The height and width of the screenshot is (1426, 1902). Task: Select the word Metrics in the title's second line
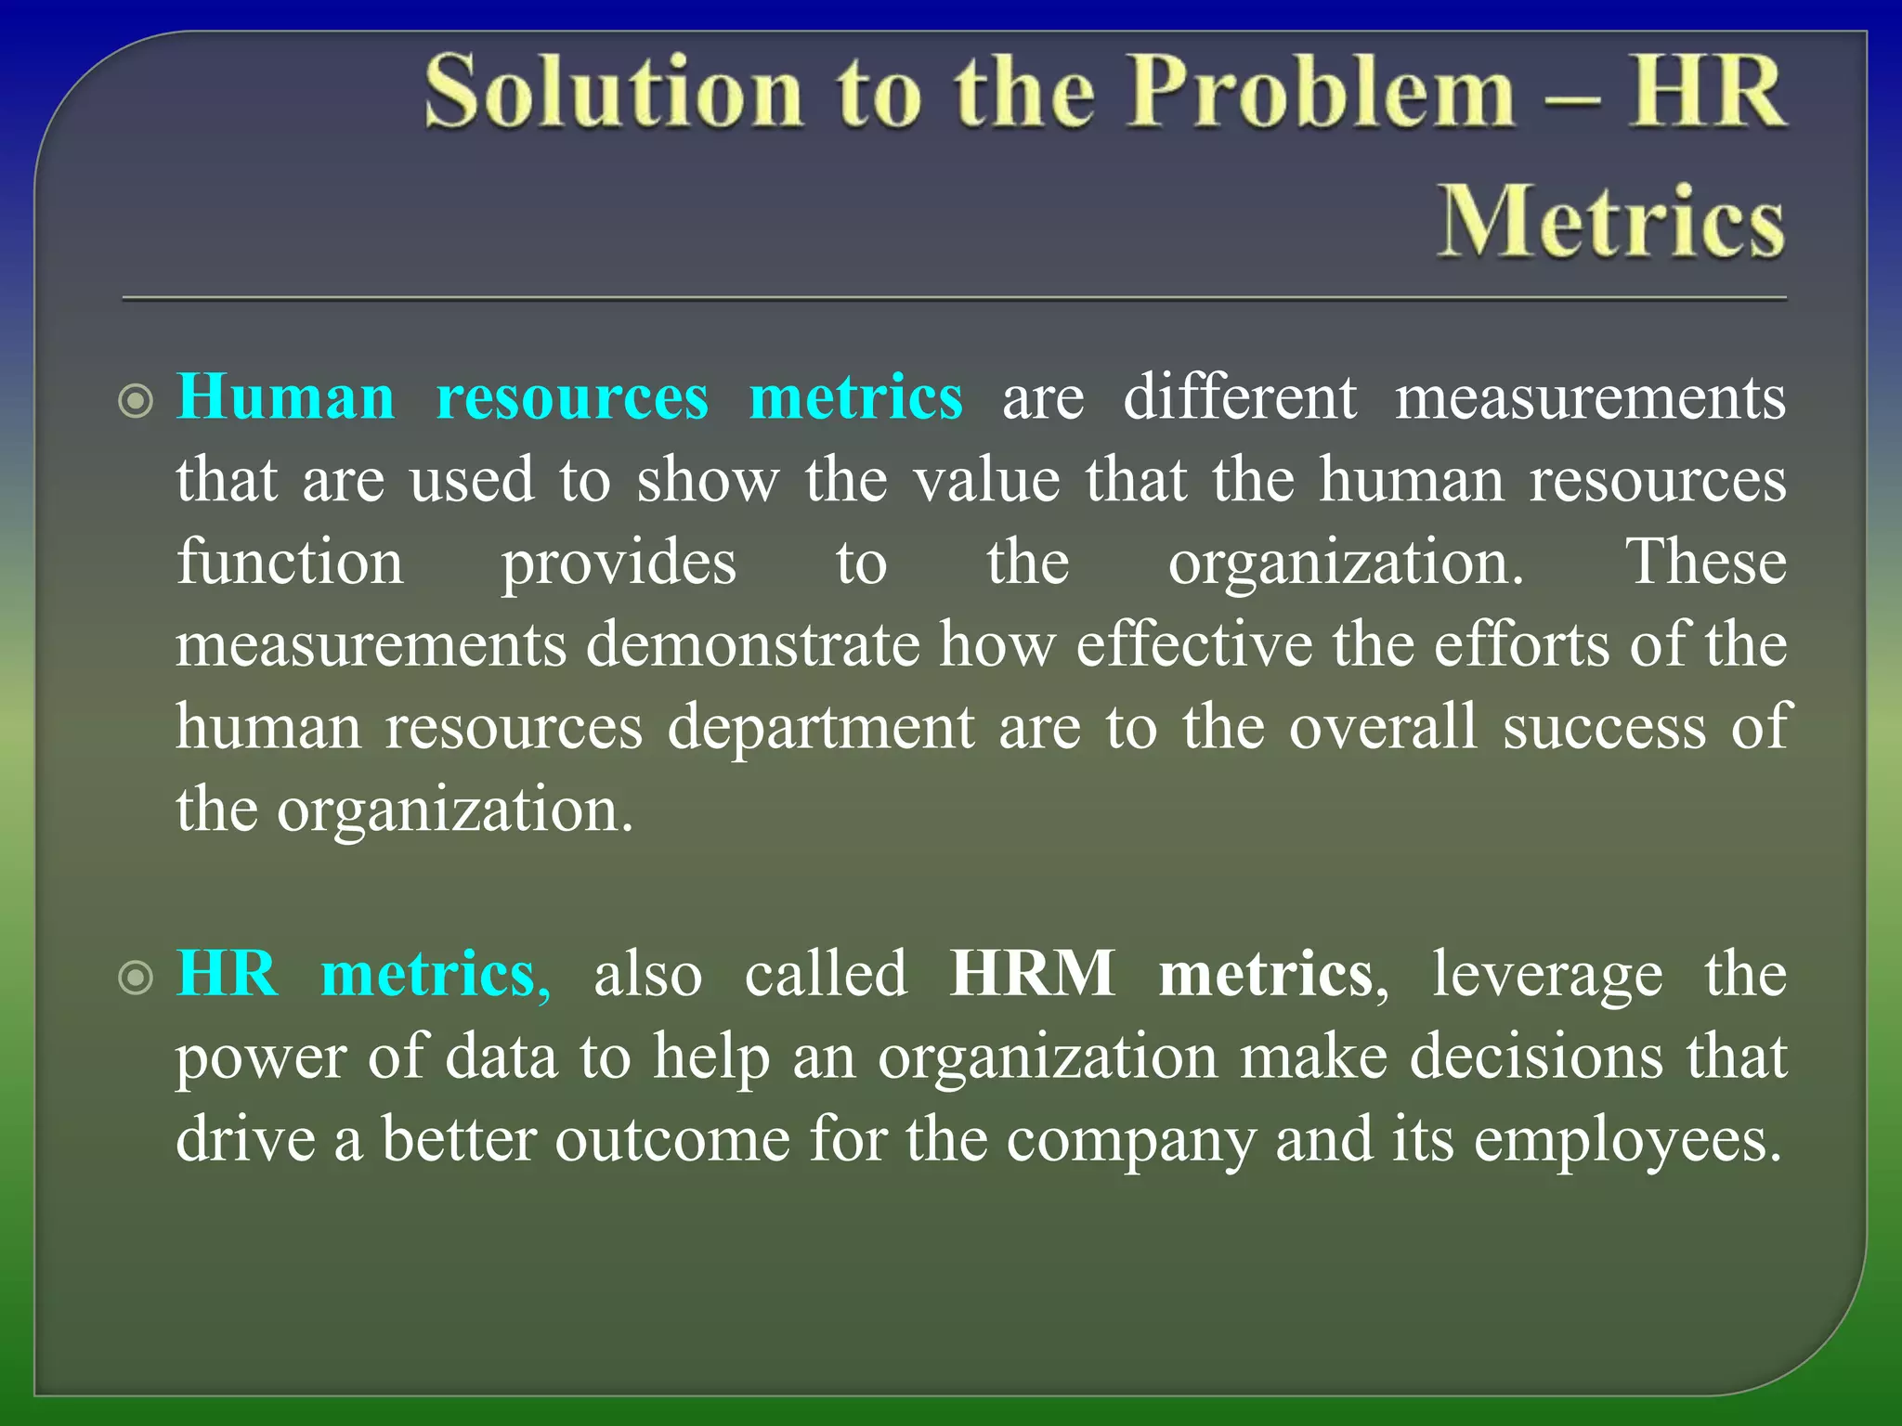point(1611,220)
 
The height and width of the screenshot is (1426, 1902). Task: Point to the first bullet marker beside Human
point(137,402)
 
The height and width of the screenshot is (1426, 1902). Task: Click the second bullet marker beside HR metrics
point(137,978)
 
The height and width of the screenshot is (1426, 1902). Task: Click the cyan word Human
point(286,397)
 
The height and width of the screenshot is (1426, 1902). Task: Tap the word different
point(1240,397)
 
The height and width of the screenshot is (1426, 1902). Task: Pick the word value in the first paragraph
point(986,480)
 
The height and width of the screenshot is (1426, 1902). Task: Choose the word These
point(1705,562)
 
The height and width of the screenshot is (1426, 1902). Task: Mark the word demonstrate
point(752,644)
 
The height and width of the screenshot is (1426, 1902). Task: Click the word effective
point(1193,644)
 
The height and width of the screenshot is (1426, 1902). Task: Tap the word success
point(1605,727)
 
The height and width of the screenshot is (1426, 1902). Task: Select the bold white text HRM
point(1032,974)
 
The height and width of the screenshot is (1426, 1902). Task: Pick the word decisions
point(1536,1057)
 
